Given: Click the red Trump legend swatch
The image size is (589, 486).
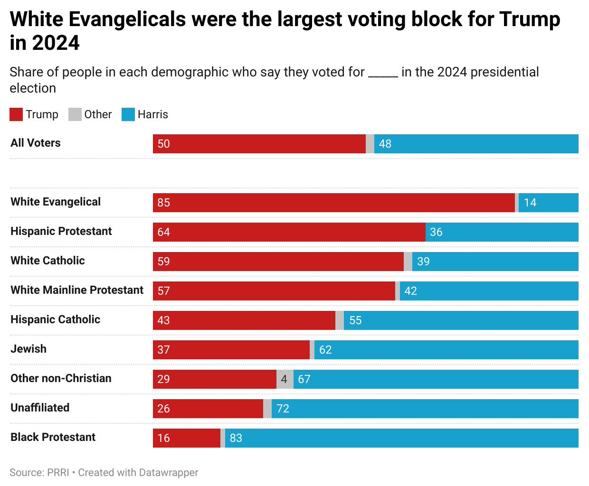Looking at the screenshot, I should tap(16, 114).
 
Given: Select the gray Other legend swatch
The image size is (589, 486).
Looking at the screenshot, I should tap(75, 114).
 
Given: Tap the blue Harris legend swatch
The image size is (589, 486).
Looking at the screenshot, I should tap(128, 114).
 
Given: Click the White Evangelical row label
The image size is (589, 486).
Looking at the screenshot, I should tap(56, 202).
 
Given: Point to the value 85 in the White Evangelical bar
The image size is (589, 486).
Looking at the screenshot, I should tap(164, 203).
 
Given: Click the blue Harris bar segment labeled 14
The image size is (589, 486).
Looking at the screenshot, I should tap(549, 203).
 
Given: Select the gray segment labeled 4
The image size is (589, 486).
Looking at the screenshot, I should tap(285, 379).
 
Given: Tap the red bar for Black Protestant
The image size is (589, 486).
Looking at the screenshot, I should tap(187, 438).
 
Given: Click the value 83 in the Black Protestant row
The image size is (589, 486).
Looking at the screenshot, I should tap(236, 438).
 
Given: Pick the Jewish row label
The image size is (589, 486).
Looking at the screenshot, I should tap(28, 349).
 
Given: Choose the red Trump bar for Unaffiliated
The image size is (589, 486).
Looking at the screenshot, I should tap(208, 409).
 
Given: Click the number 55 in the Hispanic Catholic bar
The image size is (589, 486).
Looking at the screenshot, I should tap(355, 320).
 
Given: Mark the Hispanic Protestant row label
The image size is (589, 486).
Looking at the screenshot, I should tap(61, 231).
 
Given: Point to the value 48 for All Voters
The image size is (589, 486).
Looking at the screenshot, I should tap(385, 144).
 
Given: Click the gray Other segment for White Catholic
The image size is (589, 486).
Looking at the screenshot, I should tap(408, 262).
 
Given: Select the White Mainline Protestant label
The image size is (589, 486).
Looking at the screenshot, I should tap(77, 290).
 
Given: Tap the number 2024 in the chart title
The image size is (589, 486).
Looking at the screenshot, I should tap(56, 43).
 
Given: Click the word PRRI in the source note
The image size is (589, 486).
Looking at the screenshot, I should tap(58, 473).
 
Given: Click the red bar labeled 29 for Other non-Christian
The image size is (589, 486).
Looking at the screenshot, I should tap(215, 379).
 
